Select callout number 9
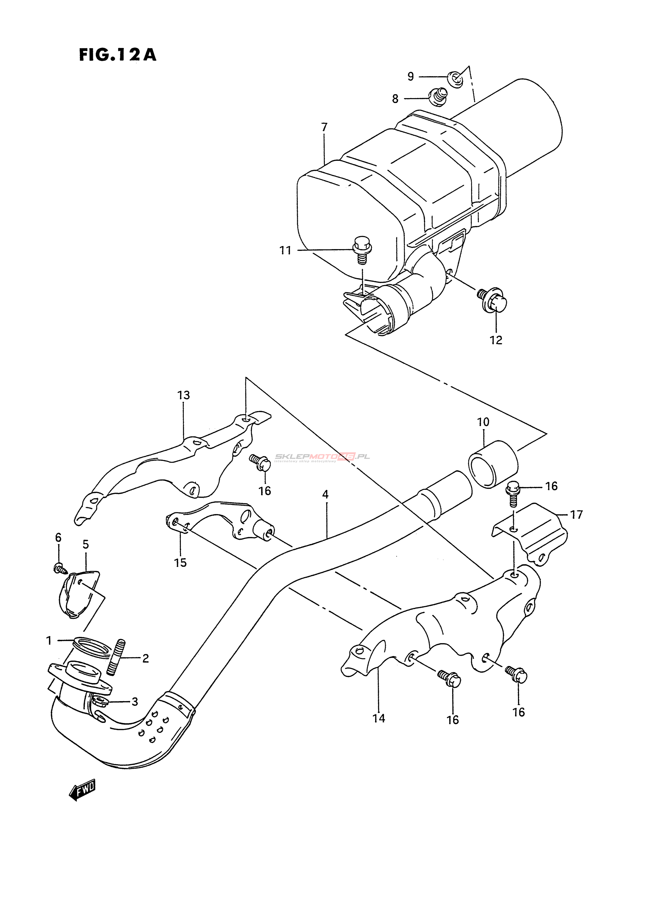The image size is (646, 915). (x=410, y=76)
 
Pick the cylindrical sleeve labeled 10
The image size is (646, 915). (x=493, y=464)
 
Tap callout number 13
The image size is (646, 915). (x=183, y=395)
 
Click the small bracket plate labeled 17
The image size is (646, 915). (x=530, y=532)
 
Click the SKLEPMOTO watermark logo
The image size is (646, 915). (x=322, y=457)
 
